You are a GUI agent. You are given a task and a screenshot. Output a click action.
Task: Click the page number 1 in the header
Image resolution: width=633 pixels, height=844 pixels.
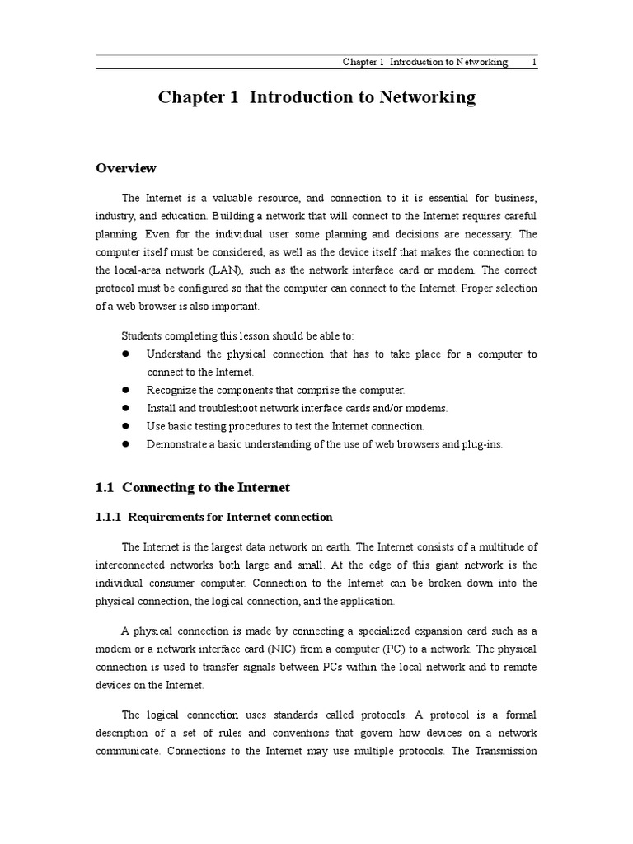coord(534,63)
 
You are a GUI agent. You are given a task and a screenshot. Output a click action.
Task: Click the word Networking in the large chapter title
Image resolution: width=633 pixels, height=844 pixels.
coord(427,97)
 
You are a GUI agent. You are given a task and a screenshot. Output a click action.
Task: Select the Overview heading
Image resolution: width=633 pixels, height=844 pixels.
coord(126,168)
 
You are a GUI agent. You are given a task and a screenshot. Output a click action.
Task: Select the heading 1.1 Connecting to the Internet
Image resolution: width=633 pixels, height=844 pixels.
coord(193,487)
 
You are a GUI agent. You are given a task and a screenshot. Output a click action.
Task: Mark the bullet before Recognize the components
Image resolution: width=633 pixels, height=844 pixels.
coord(127,390)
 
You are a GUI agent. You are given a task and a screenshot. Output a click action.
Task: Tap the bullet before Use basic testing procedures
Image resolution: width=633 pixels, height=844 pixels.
coord(127,426)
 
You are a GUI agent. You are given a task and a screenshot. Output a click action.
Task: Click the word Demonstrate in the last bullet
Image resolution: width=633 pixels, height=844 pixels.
coord(175,444)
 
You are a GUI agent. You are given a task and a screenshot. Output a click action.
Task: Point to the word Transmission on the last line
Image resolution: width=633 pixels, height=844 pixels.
coord(504,751)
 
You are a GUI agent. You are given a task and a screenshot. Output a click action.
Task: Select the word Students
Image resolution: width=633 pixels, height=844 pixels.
coord(141,335)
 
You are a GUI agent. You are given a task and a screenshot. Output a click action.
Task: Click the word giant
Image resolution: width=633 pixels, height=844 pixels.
coord(425,565)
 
